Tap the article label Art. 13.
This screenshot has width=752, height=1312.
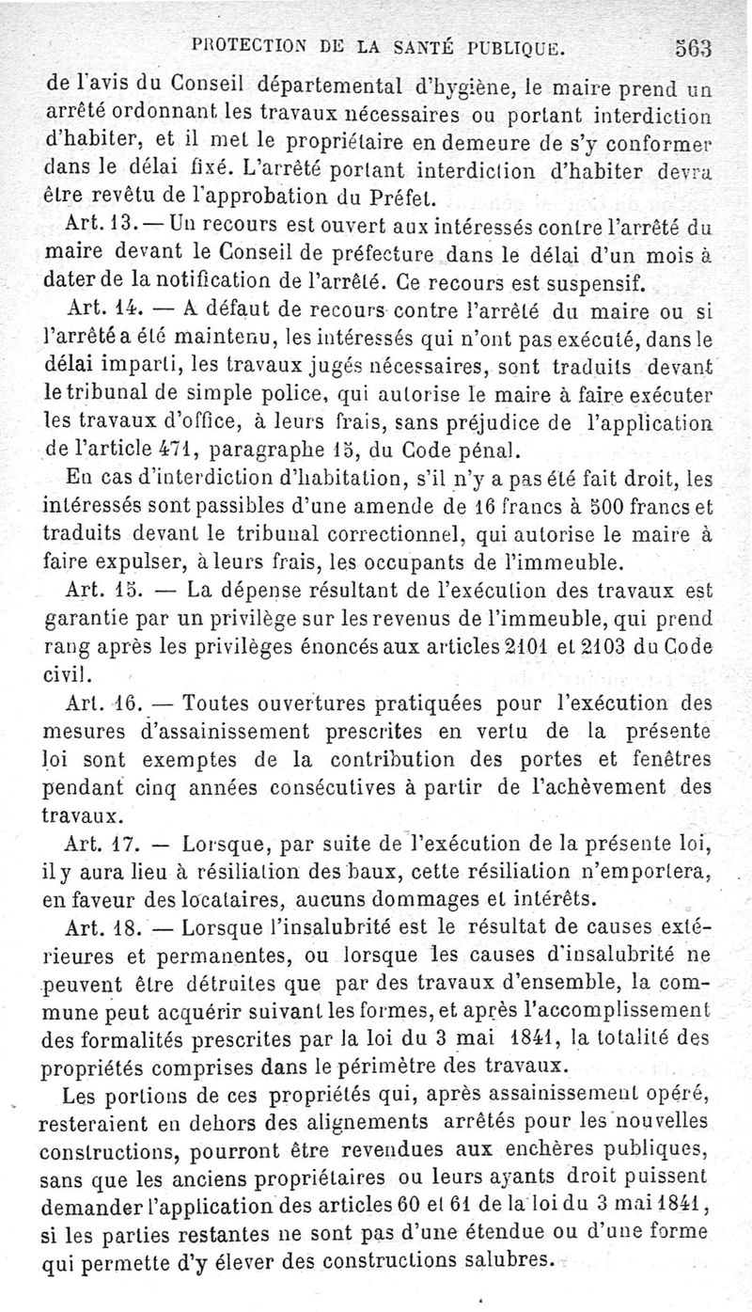pos(103,227)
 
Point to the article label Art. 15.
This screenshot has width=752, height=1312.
pos(104,592)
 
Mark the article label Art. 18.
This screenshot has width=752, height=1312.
pos(104,925)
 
